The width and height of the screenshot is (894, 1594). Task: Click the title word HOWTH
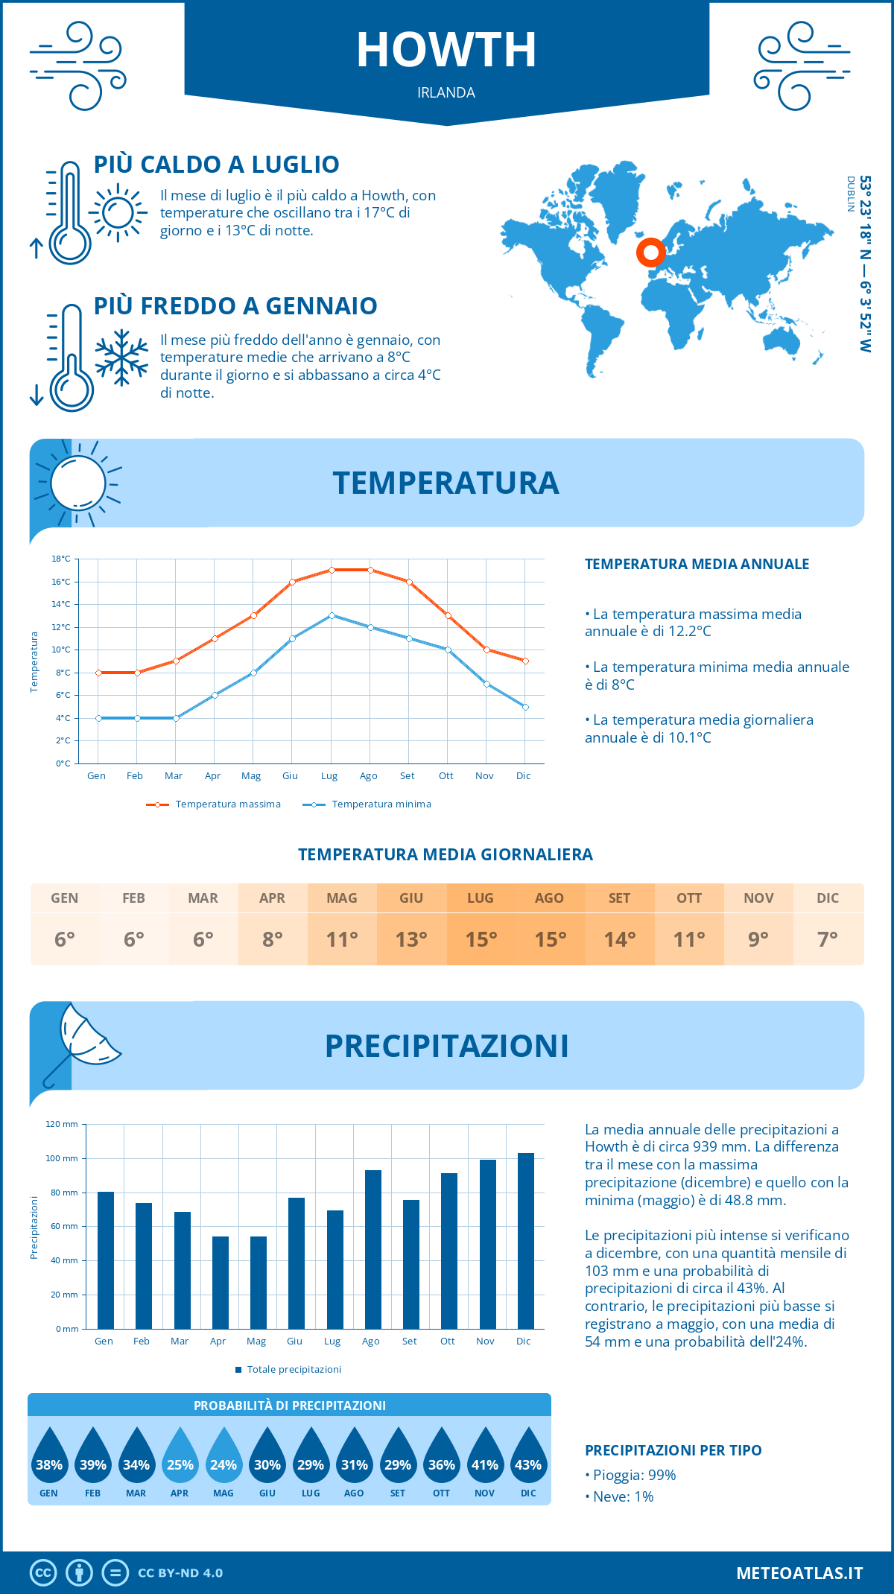446,51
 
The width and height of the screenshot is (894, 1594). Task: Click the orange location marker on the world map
650,253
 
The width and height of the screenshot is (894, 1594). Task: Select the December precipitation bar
526,1240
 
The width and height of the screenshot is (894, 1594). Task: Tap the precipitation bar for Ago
373,1249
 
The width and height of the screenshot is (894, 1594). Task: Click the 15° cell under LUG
481,939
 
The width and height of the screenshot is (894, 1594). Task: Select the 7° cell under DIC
828,939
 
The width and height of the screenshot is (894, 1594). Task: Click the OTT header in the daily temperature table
689,898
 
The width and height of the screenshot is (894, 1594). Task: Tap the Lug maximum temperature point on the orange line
332,570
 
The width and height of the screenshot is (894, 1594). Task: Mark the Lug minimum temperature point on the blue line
332,615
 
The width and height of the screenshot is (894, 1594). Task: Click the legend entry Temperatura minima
381,804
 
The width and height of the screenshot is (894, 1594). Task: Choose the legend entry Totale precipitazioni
294,1369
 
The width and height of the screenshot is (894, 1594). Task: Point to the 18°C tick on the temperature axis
61,559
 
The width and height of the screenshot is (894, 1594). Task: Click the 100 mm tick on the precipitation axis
62,1158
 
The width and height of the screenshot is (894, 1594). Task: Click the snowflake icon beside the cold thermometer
121,358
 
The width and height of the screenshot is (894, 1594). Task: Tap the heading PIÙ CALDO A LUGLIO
216,165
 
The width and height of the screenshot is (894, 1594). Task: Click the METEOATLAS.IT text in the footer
799,1572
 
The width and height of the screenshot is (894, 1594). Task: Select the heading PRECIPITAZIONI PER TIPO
673,1450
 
